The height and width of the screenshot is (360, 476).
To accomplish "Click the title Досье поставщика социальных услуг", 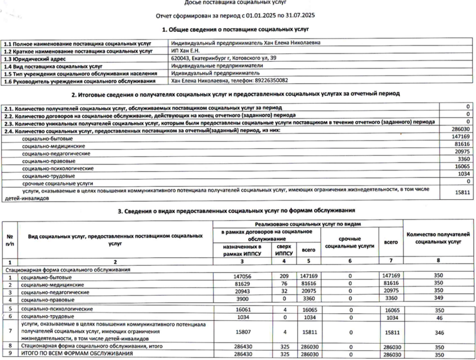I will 238,4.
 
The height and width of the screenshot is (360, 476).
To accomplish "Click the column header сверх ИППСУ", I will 282,250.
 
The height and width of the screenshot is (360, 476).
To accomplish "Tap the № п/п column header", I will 10,240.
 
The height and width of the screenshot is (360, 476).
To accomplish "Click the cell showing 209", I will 282,277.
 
